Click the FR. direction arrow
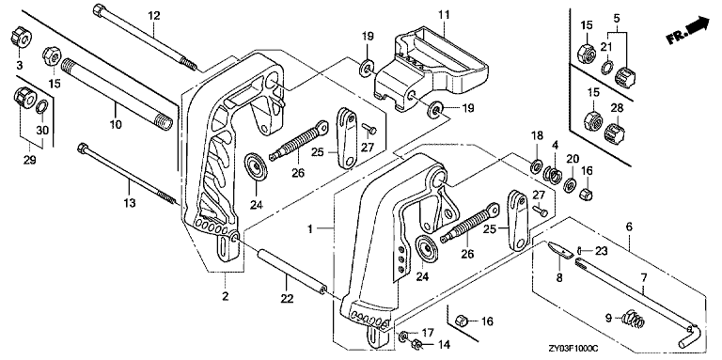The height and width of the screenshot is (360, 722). [x=688, y=30]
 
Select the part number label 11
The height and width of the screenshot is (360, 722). [x=444, y=15]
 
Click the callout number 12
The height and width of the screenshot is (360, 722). [x=154, y=16]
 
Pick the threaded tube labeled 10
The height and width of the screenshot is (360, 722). [x=118, y=92]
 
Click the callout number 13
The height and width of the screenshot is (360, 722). [x=130, y=202]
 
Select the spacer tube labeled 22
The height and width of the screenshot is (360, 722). [x=292, y=269]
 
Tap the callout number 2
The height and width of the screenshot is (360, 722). [x=226, y=296]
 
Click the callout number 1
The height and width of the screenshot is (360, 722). [x=311, y=228]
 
